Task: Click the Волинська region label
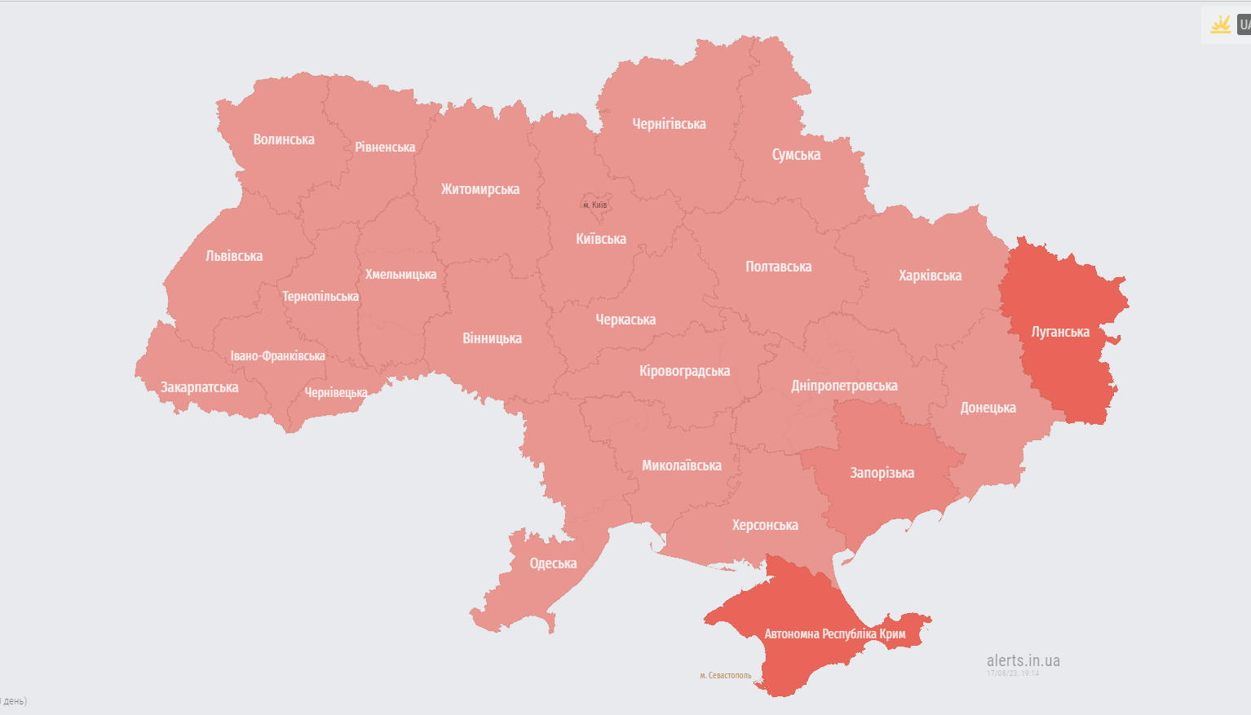284,139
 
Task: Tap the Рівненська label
385,148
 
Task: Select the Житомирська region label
480,189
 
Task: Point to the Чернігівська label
669,124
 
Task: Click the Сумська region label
796,155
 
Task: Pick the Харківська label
930,276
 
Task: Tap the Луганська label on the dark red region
1060,332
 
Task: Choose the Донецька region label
988,408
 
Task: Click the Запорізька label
882,473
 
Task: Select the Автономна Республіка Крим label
834,634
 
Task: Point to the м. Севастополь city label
726,675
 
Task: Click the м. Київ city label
595,205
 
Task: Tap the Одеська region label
553,563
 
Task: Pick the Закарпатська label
199,387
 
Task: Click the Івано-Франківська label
277,356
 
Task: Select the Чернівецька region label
335,393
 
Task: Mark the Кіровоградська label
684,371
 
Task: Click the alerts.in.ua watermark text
1023,660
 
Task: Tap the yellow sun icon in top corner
1220,24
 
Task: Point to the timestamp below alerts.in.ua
1013,673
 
